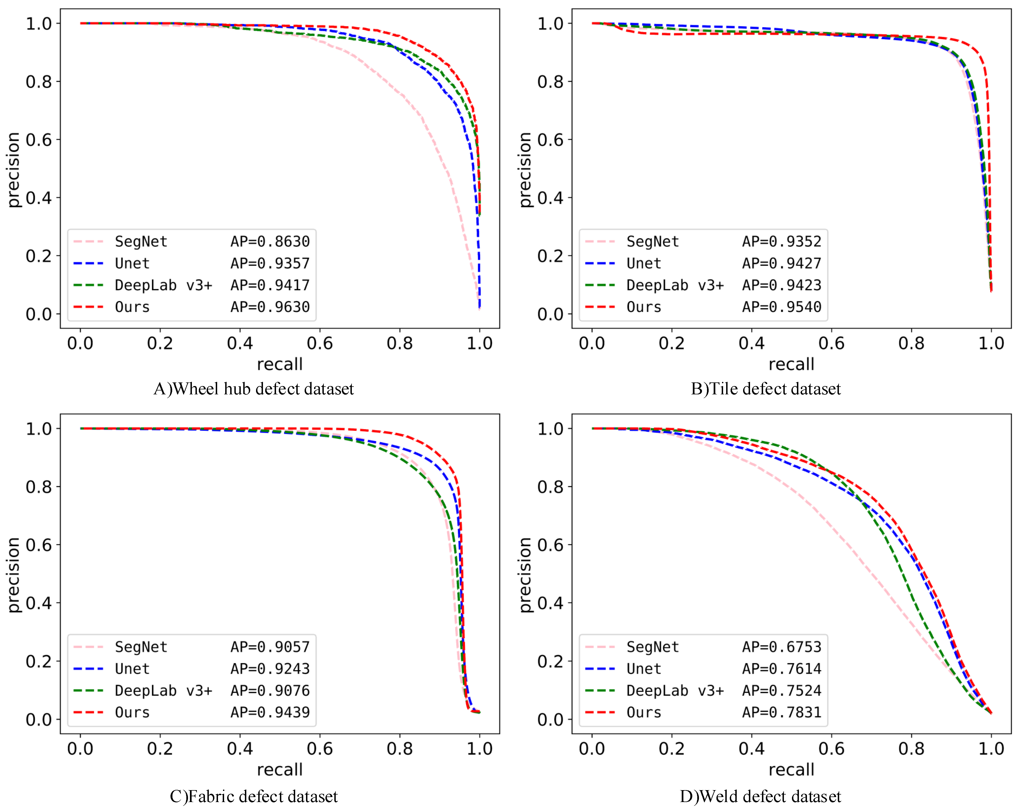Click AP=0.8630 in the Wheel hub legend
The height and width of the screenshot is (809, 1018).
click(270, 242)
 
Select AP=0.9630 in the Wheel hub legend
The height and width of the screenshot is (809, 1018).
click(270, 307)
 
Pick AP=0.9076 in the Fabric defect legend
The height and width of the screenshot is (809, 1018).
click(270, 690)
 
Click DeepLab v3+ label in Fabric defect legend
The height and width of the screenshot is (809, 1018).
click(163, 690)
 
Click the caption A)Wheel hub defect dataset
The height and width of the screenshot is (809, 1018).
click(254, 389)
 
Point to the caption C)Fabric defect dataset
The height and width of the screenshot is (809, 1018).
click(254, 796)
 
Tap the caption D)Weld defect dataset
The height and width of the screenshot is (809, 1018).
click(760, 796)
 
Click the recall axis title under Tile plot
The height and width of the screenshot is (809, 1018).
click(791, 364)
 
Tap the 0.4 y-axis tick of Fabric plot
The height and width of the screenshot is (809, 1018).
click(39, 603)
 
